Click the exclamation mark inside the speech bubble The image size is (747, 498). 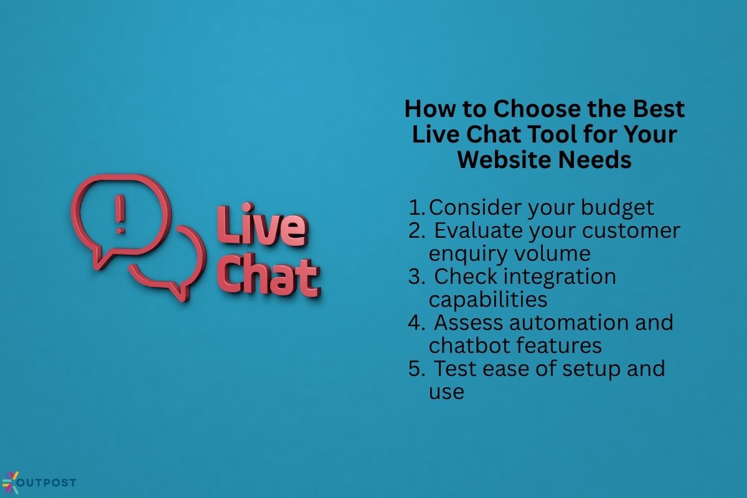pos(120,214)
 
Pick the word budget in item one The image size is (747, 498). pos(618,208)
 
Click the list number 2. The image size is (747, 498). pos(416,231)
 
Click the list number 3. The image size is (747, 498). pos(416,277)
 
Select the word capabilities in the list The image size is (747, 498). pos(488,300)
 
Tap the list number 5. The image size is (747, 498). pos(416,369)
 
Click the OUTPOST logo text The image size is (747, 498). pos(46,482)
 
